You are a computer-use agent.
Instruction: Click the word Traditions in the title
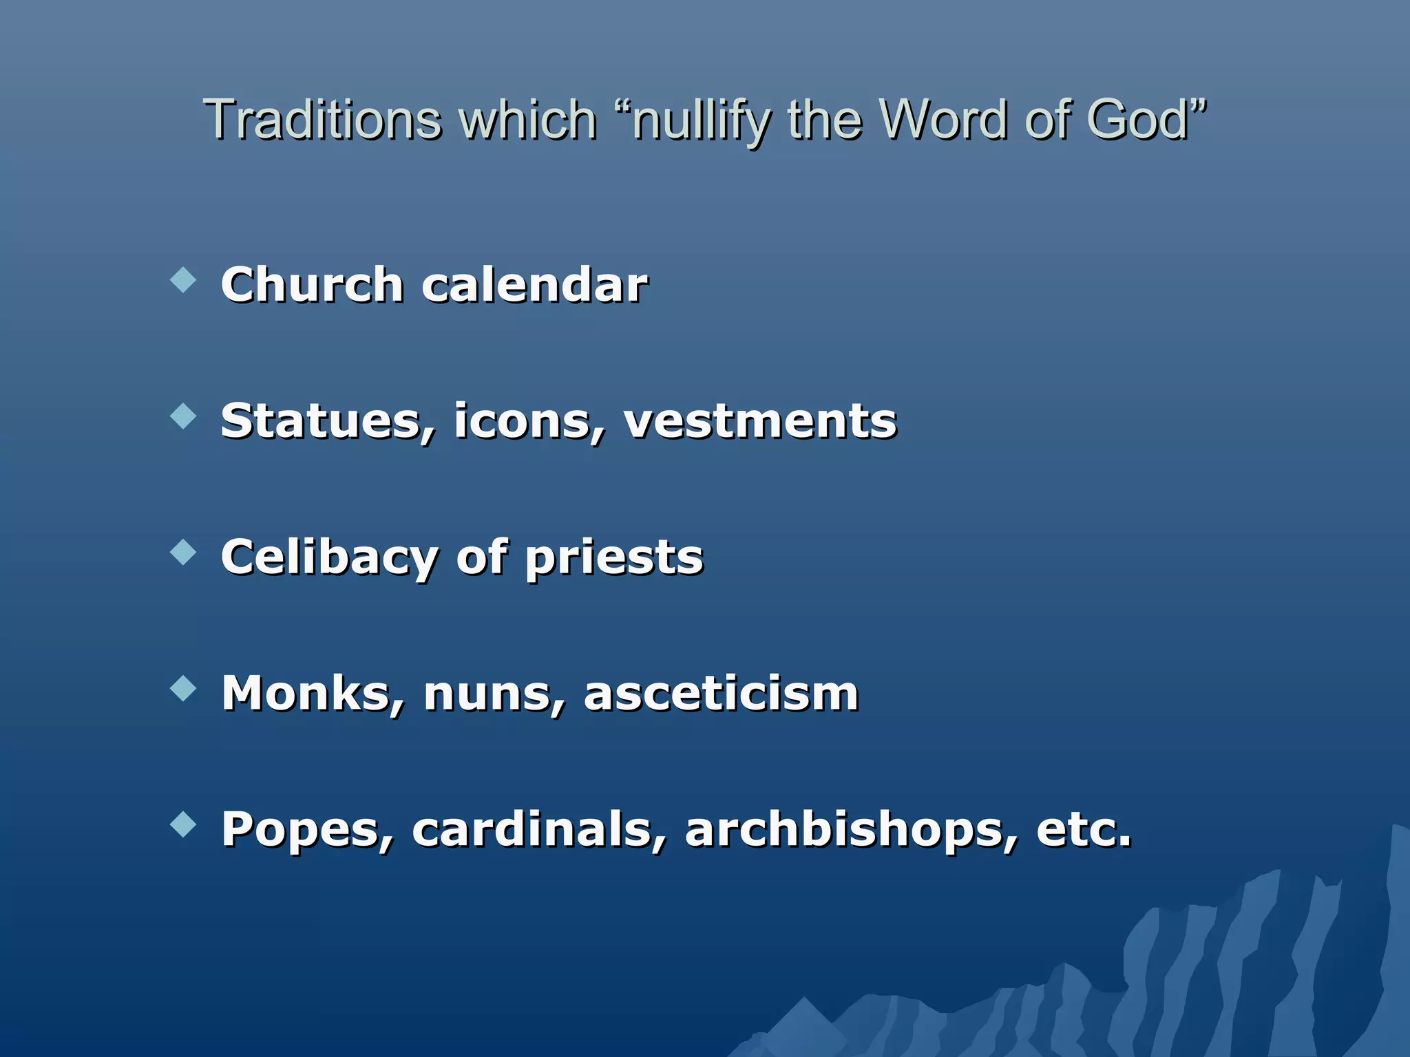[322, 120]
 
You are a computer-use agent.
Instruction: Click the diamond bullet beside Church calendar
[183, 280]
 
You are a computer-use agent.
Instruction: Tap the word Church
[312, 284]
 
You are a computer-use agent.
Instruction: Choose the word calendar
[534, 284]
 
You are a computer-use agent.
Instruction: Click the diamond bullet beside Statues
[183, 416]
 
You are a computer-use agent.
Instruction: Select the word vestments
[760, 421]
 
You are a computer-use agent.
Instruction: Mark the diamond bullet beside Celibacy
[183, 552]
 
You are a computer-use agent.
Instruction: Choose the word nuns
[493, 694]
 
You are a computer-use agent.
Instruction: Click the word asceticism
[722, 694]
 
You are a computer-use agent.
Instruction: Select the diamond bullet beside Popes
[183, 824]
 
